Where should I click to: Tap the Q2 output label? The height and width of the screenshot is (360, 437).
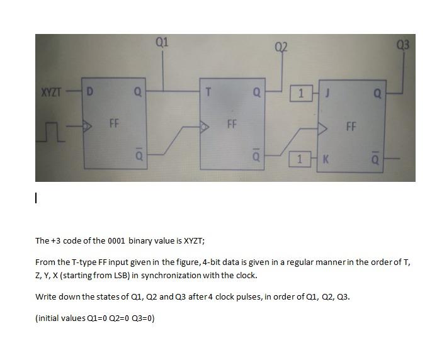pos(281,47)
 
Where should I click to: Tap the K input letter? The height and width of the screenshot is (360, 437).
pos(326,159)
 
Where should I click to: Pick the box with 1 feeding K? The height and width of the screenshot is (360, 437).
pos(301,159)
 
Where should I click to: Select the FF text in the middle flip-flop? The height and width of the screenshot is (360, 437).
pos(231,123)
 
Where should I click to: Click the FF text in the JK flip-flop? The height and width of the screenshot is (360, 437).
pos(351,127)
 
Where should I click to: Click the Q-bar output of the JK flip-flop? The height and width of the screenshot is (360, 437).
pos(377,159)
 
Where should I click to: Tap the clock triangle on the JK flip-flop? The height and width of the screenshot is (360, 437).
pos(323,129)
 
